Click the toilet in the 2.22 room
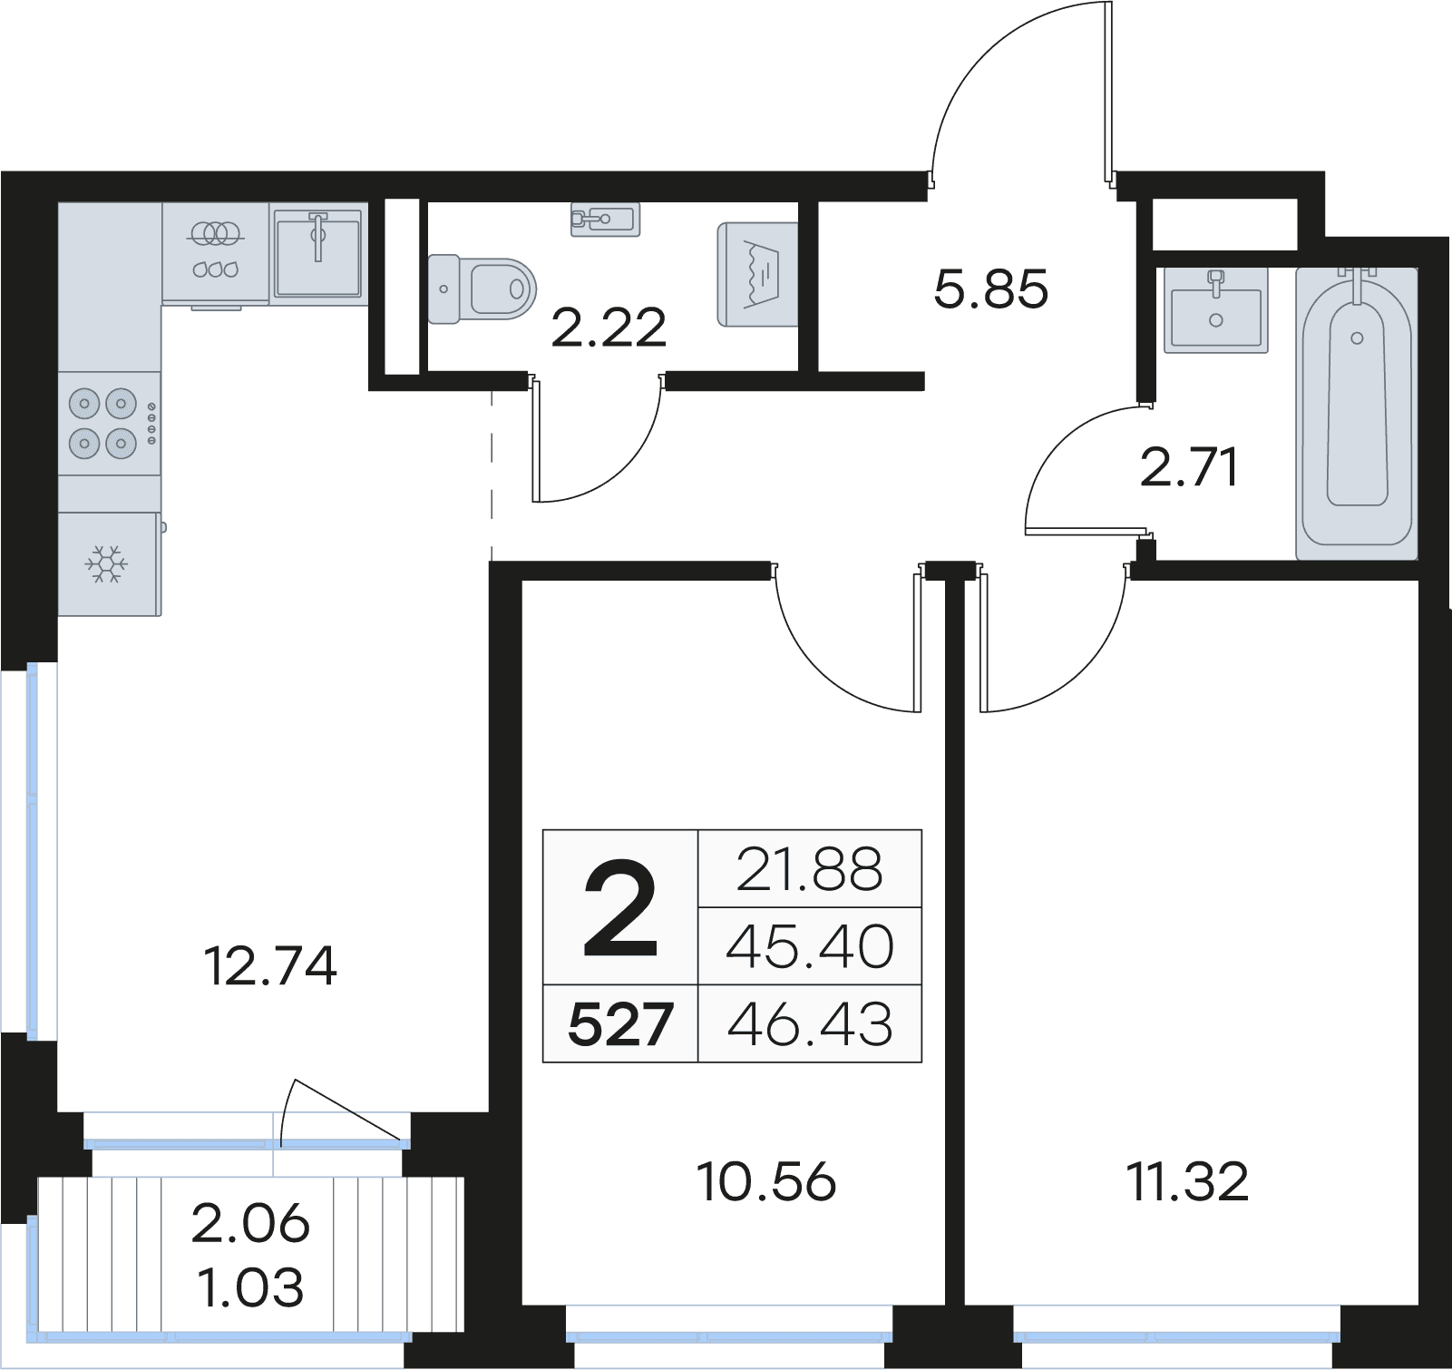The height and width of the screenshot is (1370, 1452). pyautogui.click(x=482, y=289)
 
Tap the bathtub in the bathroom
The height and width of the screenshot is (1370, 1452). pyautogui.click(x=1357, y=413)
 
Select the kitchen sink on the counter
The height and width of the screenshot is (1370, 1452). pyautogui.click(x=317, y=252)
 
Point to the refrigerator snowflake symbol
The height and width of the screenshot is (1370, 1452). pyautogui.click(x=107, y=563)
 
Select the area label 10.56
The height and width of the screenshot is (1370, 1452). pyautogui.click(x=766, y=1182)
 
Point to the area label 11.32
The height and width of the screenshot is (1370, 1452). pyautogui.click(x=1187, y=1182)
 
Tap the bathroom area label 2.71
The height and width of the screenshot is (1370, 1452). pyautogui.click(x=1189, y=469)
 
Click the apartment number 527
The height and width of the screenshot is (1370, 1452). pyautogui.click(x=620, y=1025)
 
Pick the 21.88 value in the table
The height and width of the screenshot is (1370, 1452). pyautogui.click(x=810, y=869)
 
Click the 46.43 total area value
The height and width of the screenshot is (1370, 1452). pyautogui.click(x=810, y=1025)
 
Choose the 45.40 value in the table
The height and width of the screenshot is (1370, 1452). pyautogui.click(x=810, y=947)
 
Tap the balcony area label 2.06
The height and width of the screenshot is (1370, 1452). pyautogui.click(x=251, y=1224)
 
